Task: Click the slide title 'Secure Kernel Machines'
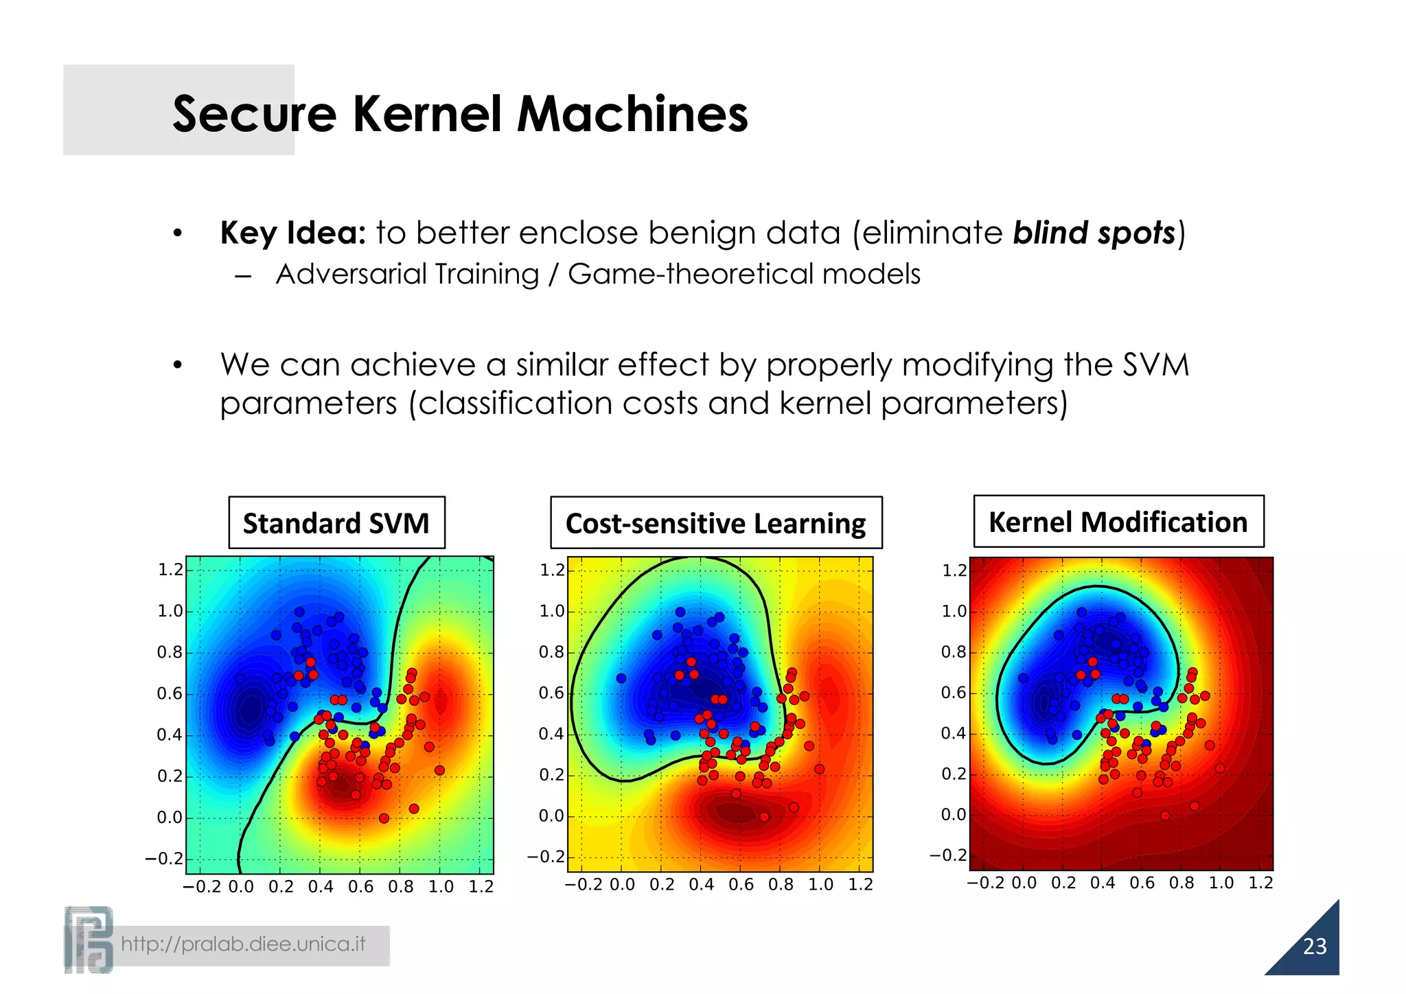coord(460,114)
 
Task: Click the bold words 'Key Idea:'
coord(293,233)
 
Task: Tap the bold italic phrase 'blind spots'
coord(1094,233)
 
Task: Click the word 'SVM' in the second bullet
coord(1156,365)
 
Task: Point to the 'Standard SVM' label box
coord(336,523)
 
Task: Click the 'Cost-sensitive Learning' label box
coord(715,523)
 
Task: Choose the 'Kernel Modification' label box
coord(1118,522)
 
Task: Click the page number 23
coord(1315,947)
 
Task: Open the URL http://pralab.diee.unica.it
coord(243,945)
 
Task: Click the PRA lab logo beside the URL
coord(88,940)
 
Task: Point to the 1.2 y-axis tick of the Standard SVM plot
coord(170,570)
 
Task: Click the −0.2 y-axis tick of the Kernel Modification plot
coord(948,855)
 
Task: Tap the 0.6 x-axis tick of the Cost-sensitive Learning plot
coord(741,884)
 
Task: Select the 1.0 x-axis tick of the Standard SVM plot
coord(441,886)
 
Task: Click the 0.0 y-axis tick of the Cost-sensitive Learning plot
coord(551,816)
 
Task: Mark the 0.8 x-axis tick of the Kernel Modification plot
coord(1182,883)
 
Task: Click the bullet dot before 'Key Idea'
coord(178,234)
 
